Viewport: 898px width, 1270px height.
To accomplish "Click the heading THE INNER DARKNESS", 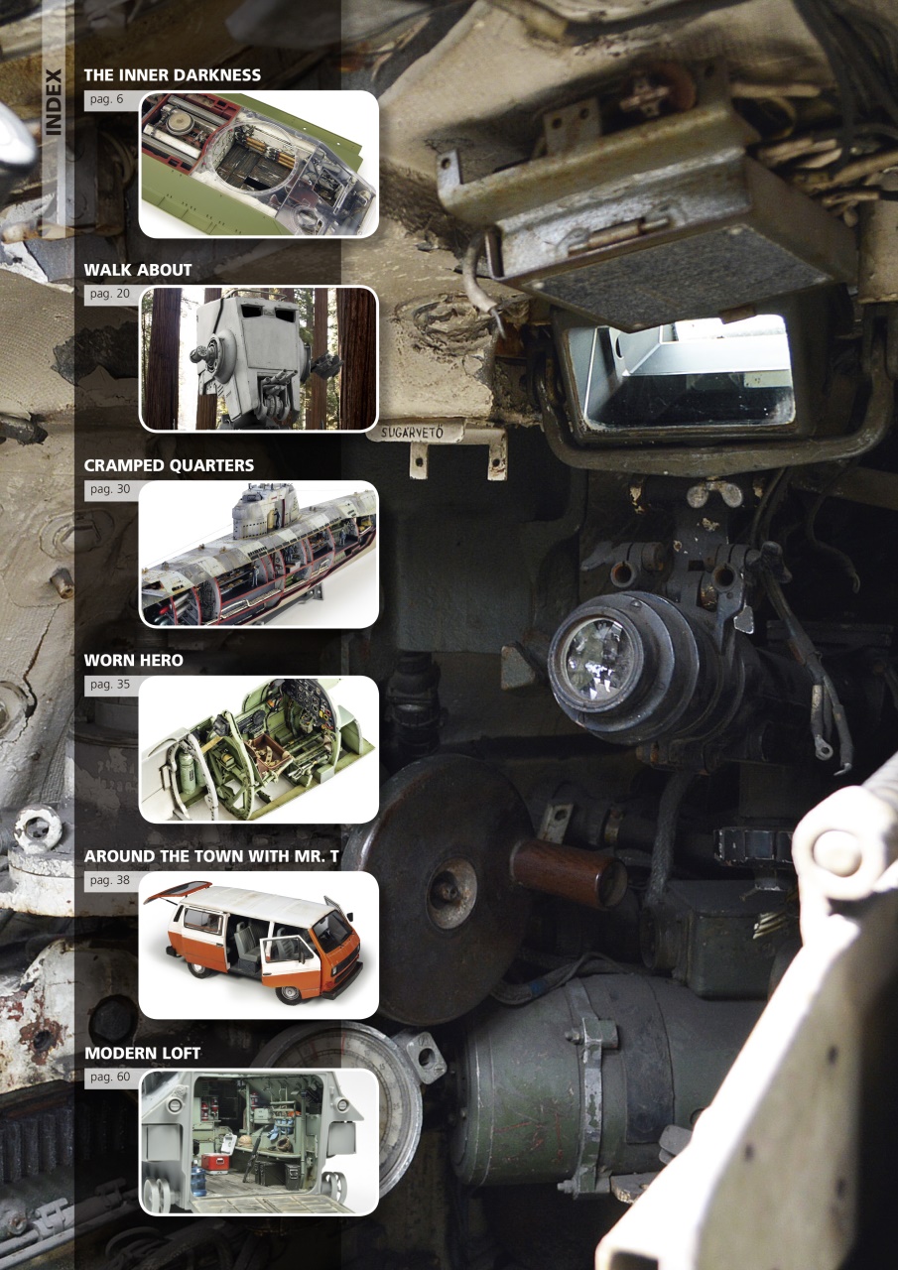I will click(x=173, y=74).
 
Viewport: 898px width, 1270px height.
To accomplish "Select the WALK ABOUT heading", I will click(x=138, y=270).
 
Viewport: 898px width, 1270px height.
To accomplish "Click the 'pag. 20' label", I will click(x=109, y=294).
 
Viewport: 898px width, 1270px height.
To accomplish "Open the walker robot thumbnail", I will click(x=258, y=358).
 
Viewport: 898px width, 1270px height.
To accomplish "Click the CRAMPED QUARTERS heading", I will click(x=169, y=465).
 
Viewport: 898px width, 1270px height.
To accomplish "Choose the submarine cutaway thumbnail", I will click(x=258, y=554).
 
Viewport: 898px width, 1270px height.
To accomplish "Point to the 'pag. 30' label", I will click(x=109, y=489).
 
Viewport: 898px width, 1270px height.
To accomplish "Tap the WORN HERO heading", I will click(x=134, y=660).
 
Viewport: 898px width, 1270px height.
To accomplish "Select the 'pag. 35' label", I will click(x=109, y=684).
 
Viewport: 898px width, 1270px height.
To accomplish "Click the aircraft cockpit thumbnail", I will click(x=258, y=749).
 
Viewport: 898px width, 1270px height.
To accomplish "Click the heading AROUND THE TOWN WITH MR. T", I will click(x=211, y=855).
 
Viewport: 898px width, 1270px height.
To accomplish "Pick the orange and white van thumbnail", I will click(x=258, y=945).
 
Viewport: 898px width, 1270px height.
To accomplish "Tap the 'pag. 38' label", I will click(x=109, y=879).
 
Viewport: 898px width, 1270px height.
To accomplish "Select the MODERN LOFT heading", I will click(x=142, y=1053).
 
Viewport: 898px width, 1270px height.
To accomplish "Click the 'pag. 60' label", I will click(x=109, y=1077).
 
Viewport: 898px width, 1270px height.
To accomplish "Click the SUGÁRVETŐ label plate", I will click(x=417, y=432).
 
